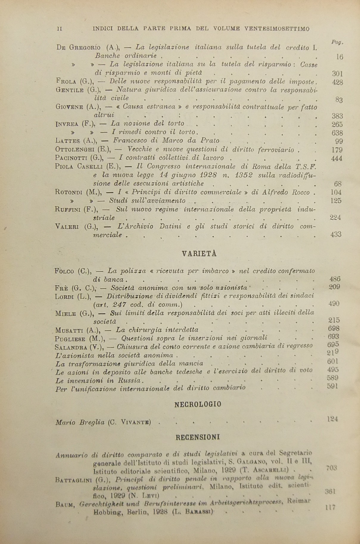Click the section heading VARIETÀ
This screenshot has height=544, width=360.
[199, 254]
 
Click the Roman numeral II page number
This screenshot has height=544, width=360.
[59, 29]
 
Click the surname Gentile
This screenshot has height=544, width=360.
[70, 90]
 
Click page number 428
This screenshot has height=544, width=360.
[337, 82]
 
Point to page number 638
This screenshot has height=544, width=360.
[337, 133]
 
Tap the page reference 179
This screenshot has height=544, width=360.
[337, 150]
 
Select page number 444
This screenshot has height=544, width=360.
[337, 158]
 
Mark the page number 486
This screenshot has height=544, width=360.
[335, 279]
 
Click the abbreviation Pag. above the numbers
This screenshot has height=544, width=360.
[337, 42]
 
